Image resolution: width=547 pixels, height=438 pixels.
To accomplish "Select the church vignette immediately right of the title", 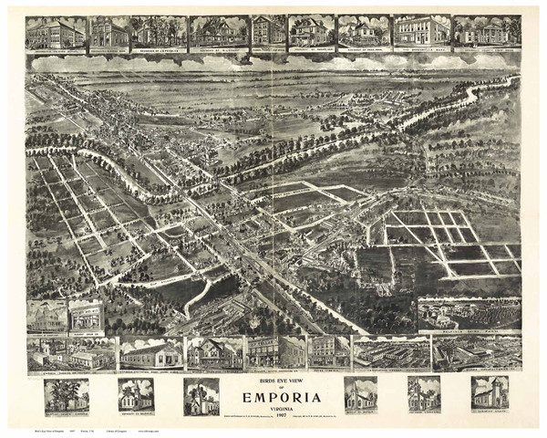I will click(359, 393).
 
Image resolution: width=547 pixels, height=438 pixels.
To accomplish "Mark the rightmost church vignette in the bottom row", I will click(490, 392).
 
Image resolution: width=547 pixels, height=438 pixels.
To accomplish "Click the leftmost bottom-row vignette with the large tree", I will click(67, 394).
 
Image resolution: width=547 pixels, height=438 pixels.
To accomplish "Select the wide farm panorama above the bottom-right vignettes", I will click(469, 313).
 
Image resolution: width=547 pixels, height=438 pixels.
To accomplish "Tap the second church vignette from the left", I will click(135, 394).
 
